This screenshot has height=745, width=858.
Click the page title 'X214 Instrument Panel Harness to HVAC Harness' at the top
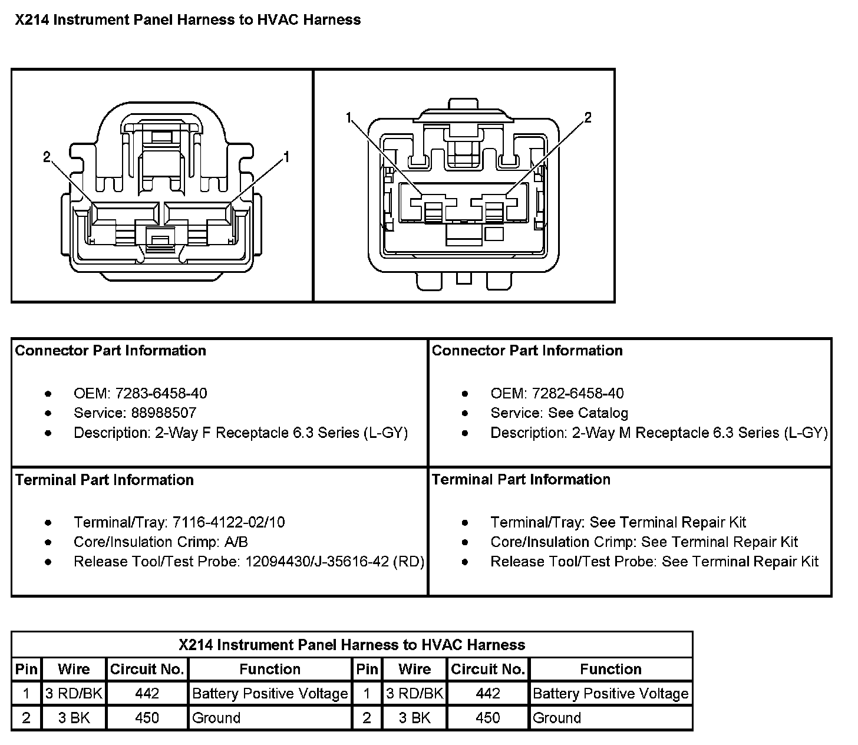(x=188, y=19)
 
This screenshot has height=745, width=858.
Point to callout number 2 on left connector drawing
(x=47, y=157)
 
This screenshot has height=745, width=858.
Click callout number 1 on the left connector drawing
(x=286, y=157)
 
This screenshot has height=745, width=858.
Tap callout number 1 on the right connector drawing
(x=348, y=118)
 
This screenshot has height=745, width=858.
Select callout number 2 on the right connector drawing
(x=588, y=117)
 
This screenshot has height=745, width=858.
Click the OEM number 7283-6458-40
(x=161, y=394)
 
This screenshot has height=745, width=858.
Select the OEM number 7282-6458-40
(x=578, y=394)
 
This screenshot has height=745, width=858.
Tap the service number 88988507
(x=164, y=413)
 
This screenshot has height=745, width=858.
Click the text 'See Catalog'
(x=588, y=413)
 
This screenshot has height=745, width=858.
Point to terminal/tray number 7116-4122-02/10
(x=229, y=522)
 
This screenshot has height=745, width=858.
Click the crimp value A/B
(x=236, y=542)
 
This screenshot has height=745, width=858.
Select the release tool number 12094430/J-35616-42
(x=317, y=562)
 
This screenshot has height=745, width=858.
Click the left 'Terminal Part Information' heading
(x=104, y=480)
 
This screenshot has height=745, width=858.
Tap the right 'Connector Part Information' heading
(x=527, y=351)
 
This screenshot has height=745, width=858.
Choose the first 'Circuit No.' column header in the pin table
(x=147, y=669)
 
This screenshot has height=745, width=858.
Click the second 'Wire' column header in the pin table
(x=414, y=669)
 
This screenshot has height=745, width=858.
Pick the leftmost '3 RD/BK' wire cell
(x=74, y=693)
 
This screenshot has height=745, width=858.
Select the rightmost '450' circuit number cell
(x=488, y=718)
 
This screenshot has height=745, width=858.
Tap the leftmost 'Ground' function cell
(x=216, y=718)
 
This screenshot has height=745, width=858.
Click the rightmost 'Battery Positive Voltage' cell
(x=610, y=694)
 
